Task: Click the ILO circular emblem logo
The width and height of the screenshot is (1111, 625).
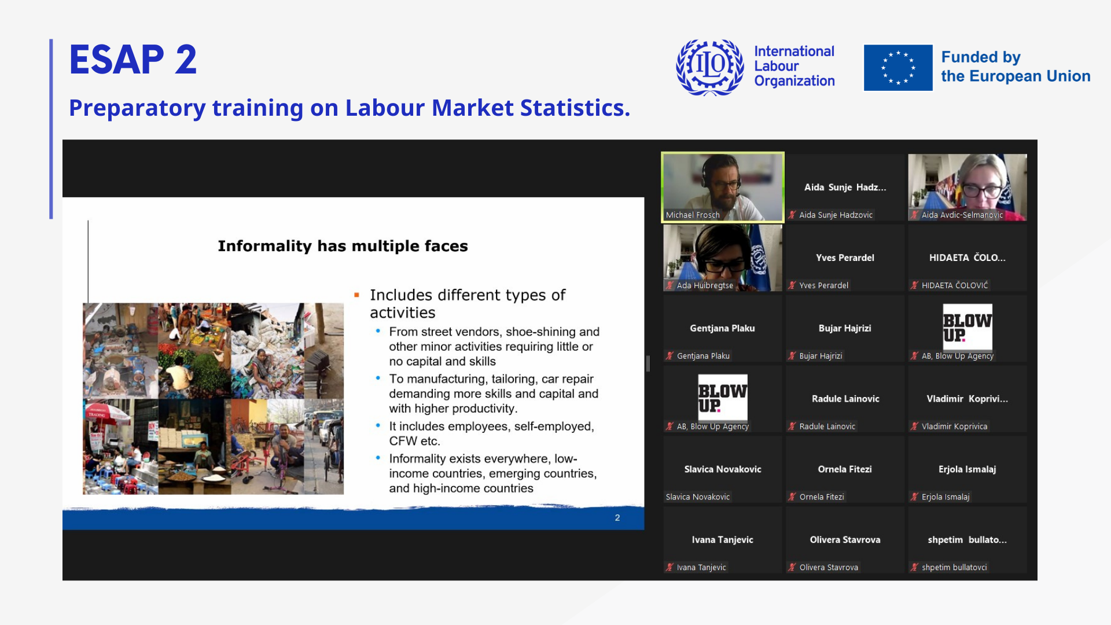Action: [710, 67]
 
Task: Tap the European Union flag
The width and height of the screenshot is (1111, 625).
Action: [898, 68]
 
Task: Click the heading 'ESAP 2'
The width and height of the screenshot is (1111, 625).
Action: [133, 60]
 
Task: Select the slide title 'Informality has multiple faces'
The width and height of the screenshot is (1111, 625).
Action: [343, 246]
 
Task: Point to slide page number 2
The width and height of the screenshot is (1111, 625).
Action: [617, 518]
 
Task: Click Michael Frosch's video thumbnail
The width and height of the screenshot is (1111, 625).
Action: [723, 187]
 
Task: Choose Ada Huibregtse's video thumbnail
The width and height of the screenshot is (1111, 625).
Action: [723, 258]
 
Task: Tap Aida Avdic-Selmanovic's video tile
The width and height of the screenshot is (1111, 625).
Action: [967, 187]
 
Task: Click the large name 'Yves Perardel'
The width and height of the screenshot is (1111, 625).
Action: [845, 258]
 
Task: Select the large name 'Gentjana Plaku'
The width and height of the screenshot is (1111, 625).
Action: [722, 328]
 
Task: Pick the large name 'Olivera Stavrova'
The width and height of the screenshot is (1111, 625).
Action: [845, 539]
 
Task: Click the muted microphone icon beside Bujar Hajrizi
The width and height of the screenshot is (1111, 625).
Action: [792, 356]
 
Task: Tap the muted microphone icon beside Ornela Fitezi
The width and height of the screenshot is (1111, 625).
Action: [792, 497]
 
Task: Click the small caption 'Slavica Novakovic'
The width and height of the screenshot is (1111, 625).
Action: [698, 497]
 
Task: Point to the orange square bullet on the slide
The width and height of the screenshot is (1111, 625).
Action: [356, 295]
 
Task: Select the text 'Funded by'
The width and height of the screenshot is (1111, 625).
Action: [981, 57]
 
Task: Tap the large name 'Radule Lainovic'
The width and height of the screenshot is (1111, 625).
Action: [845, 399]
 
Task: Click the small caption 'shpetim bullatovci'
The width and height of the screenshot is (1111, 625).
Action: [954, 567]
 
